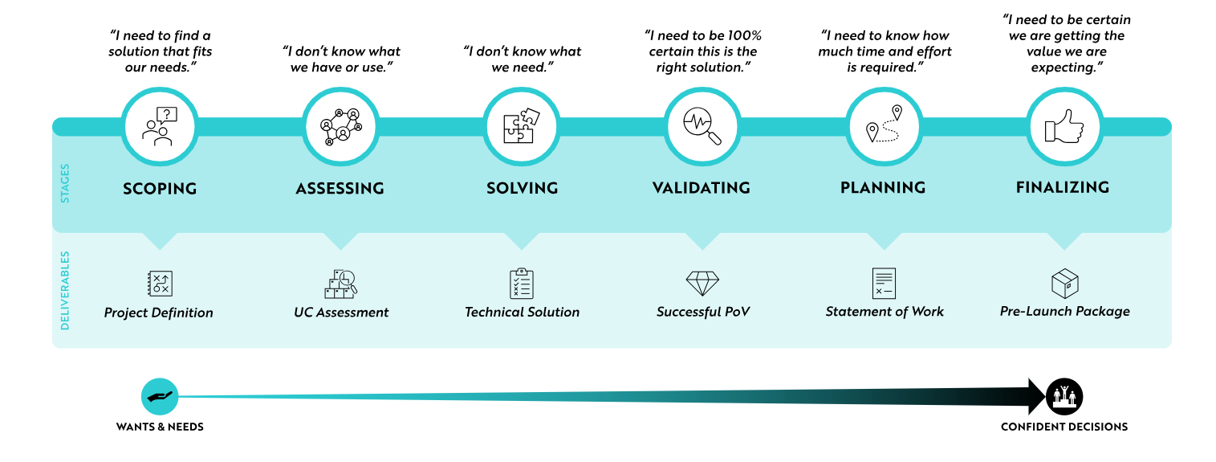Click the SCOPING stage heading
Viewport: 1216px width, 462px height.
coord(160,189)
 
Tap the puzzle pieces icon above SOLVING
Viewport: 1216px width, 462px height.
coord(521,126)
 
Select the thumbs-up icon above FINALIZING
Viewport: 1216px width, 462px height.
coord(1064,126)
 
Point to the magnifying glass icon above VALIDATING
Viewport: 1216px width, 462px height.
coord(702,126)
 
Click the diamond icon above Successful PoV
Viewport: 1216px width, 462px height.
coord(702,283)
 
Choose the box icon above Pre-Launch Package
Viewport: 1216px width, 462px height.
coord(1064,283)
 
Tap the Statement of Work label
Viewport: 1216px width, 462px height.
coord(885,312)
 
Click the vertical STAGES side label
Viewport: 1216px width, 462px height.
coord(64,183)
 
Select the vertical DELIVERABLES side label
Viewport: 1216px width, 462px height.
coord(64,290)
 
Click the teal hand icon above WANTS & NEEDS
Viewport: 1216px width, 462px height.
coord(160,396)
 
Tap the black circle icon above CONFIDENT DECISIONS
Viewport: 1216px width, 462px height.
coord(1064,396)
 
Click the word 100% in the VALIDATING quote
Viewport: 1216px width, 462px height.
coord(744,36)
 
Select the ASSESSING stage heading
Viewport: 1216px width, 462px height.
coord(340,189)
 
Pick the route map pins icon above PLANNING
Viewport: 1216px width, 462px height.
coord(883,124)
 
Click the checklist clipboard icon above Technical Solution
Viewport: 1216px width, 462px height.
coord(521,283)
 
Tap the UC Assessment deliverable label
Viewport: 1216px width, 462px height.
coord(341,312)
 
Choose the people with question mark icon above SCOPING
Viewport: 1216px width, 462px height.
coord(160,126)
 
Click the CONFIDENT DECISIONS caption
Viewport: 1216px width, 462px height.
coord(1064,427)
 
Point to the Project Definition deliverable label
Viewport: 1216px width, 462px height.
coord(158,313)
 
